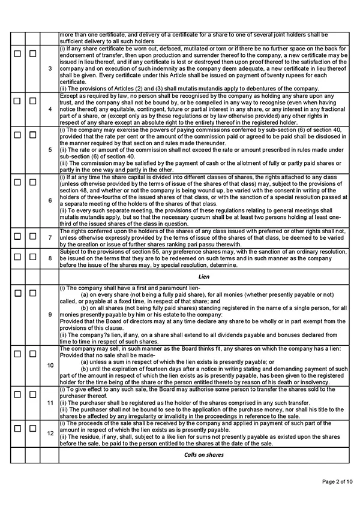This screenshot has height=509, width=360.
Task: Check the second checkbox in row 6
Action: coord(32,182)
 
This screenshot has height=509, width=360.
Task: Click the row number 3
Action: coord(50,68)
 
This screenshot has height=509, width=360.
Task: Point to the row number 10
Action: coord(50,365)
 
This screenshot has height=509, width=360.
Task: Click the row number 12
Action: coord(50,432)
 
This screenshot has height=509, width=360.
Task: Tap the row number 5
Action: coord(50,149)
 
